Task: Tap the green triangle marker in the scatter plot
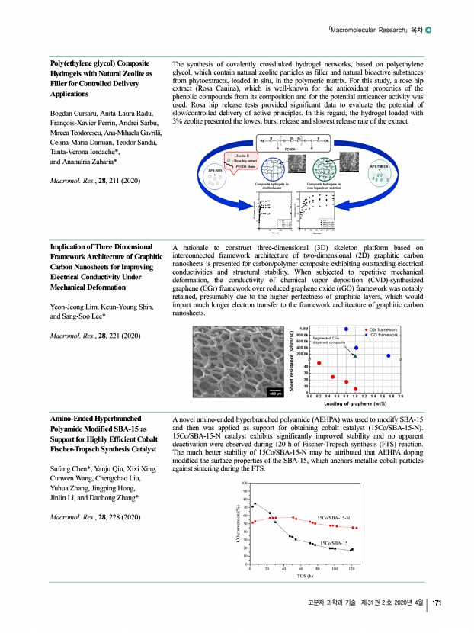click(355, 355)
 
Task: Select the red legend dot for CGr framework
click(367, 329)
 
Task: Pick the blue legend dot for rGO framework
click(367, 334)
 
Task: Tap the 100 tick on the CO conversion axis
click(244, 484)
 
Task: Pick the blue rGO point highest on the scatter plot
click(346, 329)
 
